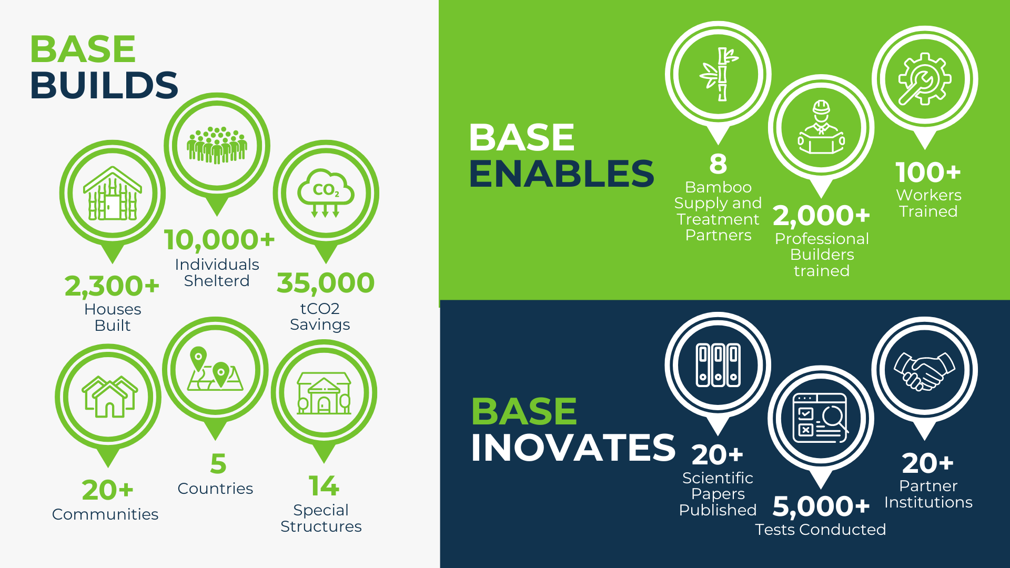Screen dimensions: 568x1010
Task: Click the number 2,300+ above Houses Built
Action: click(112, 287)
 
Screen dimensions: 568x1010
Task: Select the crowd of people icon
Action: click(217, 145)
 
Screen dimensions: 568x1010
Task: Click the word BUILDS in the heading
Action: click(104, 85)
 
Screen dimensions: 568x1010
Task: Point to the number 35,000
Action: click(326, 283)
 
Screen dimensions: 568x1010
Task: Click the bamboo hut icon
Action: click(112, 194)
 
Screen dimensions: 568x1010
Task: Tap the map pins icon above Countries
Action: click(215, 369)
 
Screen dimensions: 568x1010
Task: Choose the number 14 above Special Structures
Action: click(324, 486)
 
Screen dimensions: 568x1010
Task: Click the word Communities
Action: click(105, 514)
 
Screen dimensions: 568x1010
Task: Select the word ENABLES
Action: click(561, 174)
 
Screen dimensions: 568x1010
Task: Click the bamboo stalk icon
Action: click(718, 74)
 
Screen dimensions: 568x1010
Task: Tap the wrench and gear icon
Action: click(924, 79)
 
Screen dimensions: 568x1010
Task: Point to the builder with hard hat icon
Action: click(821, 128)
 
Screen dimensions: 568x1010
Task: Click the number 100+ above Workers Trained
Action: click(928, 173)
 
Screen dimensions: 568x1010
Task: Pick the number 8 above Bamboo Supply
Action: click(718, 164)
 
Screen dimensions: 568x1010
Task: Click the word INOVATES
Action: click(573, 448)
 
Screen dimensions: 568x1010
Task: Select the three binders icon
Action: click(718, 365)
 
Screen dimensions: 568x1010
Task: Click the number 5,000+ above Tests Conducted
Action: click(821, 506)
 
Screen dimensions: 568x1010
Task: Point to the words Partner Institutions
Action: click(928, 494)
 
